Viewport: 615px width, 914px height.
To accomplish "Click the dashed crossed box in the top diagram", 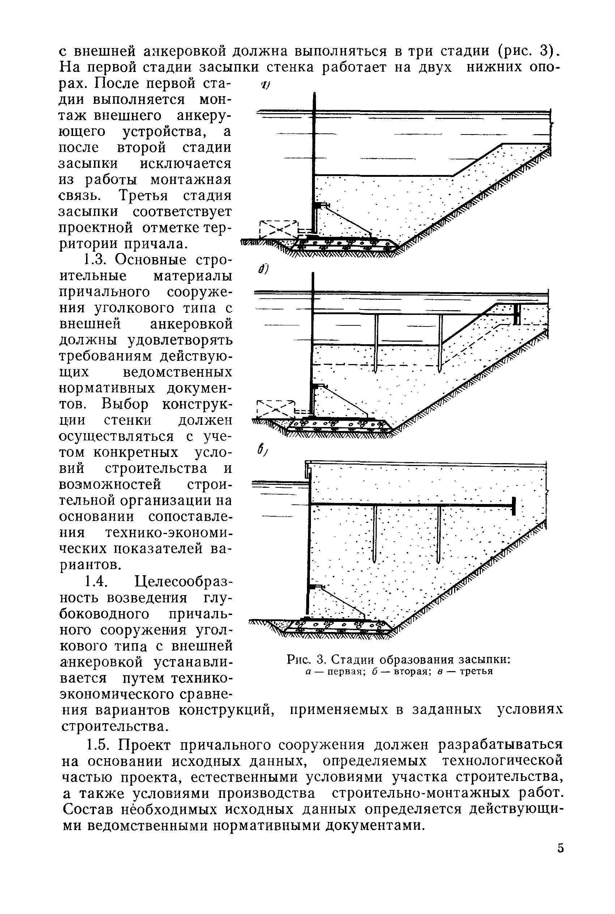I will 278,229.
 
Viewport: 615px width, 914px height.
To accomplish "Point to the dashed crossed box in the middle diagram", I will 276,409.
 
